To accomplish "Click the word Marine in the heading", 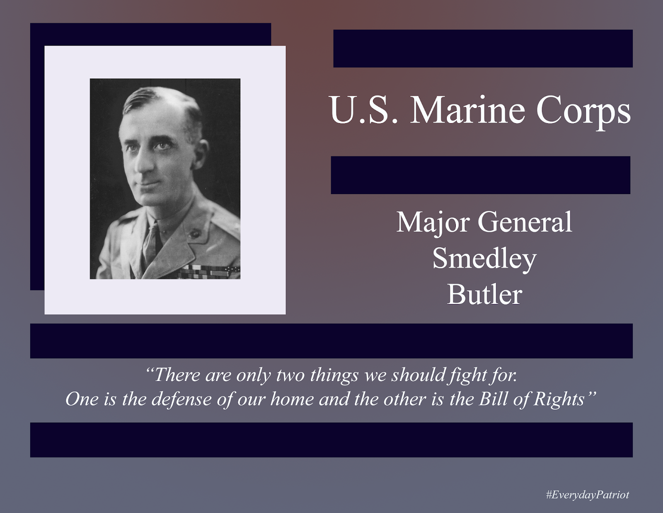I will click(x=468, y=110).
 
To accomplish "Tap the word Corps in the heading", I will click(x=583, y=110).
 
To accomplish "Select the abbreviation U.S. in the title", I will click(x=364, y=110).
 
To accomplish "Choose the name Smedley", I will click(x=484, y=259).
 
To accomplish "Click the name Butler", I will click(x=484, y=295).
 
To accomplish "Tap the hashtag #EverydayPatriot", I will click(x=587, y=494).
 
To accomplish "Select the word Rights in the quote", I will click(x=559, y=399).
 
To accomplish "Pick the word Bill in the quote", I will click(x=494, y=399).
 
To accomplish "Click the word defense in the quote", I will click(x=181, y=399).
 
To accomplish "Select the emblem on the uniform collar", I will click(x=194, y=234).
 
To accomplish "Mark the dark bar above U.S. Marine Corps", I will click(x=483, y=49).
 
